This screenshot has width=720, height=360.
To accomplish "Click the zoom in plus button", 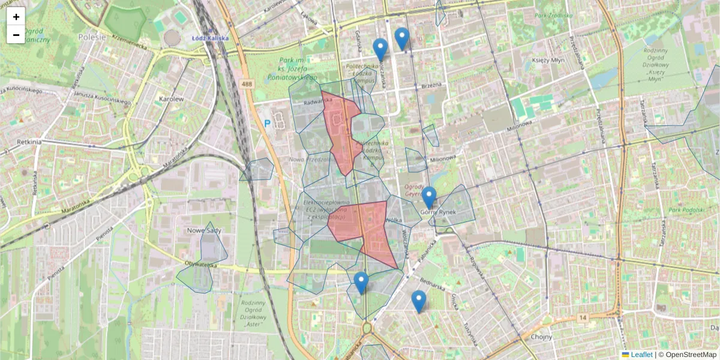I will tap(16, 16).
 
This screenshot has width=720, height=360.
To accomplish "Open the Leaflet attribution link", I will tap(641, 355).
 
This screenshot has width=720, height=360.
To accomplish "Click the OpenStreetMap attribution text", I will tap(691, 355).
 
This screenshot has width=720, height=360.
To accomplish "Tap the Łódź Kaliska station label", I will tap(209, 38).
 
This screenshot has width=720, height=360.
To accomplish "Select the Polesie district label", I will tap(92, 37).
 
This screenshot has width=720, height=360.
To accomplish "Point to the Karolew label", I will tap(171, 98).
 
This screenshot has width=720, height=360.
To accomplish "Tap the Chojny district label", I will tap(541, 337).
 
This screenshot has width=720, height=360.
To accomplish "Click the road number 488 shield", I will tap(247, 85).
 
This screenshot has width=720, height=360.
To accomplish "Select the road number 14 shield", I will tap(582, 317).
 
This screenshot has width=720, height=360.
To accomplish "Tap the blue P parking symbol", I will tap(268, 124).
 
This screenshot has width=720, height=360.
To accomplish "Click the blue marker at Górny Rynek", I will tap(428, 196).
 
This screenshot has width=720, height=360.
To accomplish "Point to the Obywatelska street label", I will tap(201, 265).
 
